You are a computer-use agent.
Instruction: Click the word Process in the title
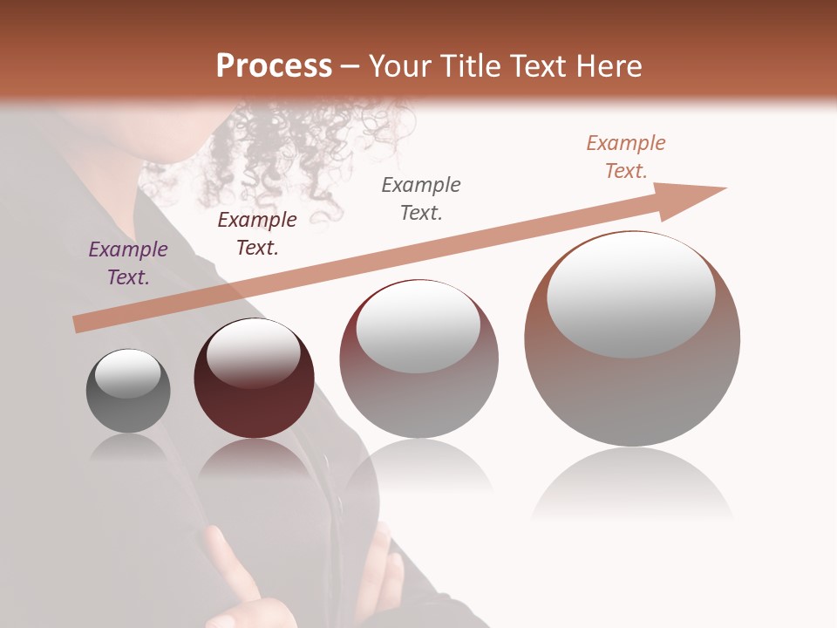coord(274,66)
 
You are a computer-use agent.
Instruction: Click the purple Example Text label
coord(128,263)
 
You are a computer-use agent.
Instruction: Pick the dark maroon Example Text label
coord(257,234)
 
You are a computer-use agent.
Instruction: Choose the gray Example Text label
coord(421,199)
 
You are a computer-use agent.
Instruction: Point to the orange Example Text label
coord(626,157)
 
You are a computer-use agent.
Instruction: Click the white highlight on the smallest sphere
coord(128,373)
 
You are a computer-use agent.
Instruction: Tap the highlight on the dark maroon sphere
coord(253,352)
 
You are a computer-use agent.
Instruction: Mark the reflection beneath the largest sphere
coord(632,484)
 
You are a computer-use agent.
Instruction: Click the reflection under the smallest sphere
coord(128,447)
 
